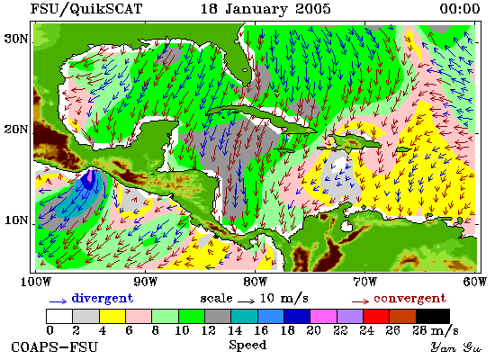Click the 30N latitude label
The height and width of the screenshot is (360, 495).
pyautogui.click(x=15, y=39)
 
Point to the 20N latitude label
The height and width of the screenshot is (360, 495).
pyautogui.click(x=15, y=130)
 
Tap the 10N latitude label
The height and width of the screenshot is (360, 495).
pyautogui.click(x=15, y=220)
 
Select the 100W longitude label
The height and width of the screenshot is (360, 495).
pyautogui.click(x=36, y=282)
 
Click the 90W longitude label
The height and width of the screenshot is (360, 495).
pyautogui.click(x=146, y=282)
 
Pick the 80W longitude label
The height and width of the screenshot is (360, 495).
pyautogui.click(x=255, y=282)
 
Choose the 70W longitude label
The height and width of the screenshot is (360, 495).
pyautogui.click(x=364, y=282)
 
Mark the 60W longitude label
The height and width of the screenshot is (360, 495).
pyautogui.click(x=474, y=282)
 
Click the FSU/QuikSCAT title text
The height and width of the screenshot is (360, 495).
pyautogui.click(x=86, y=9)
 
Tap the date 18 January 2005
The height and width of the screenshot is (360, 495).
pyautogui.click(x=265, y=9)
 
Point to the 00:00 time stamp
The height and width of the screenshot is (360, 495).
pyautogui.click(x=460, y=9)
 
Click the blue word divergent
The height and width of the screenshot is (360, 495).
pyautogui.click(x=103, y=298)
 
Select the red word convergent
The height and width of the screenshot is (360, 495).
pyautogui.click(x=409, y=299)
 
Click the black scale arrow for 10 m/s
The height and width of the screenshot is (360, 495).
pyautogui.click(x=246, y=301)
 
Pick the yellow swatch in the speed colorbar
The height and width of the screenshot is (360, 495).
pyautogui.click(x=112, y=316)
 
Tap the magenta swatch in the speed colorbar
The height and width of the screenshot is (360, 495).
pyautogui.click(x=323, y=316)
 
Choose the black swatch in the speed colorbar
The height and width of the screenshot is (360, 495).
pyautogui.click(x=433, y=316)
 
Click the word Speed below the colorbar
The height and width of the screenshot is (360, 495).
pyautogui.click(x=247, y=346)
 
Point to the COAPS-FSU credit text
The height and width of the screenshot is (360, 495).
pyautogui.click(x=54, y=347)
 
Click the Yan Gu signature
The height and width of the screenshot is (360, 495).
pyautogui.click(x=456, y=347)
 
